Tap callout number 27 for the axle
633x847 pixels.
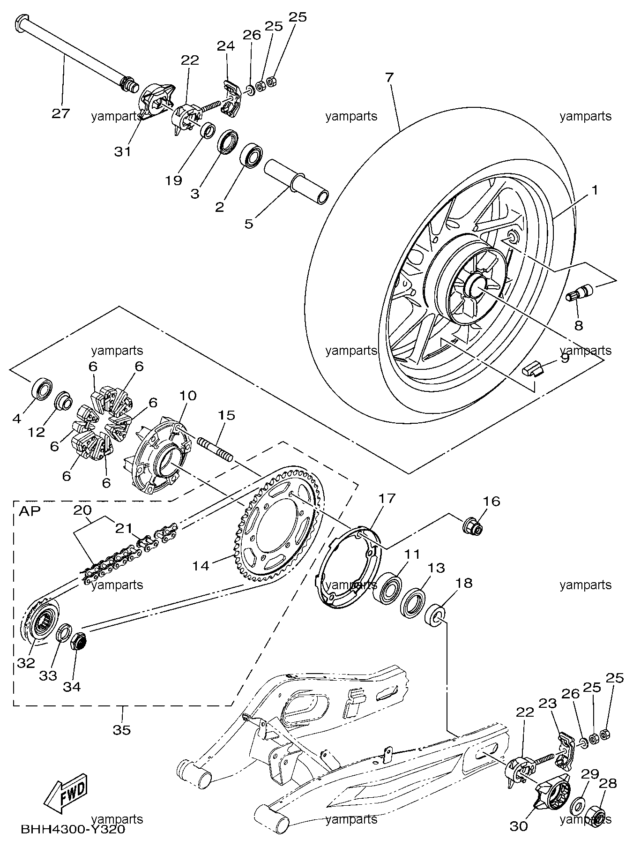[x=60, y=113]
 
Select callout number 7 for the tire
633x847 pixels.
[x=389, y=77]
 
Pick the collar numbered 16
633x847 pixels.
[x=472, y=526]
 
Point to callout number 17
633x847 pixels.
[x=387, y=498]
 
